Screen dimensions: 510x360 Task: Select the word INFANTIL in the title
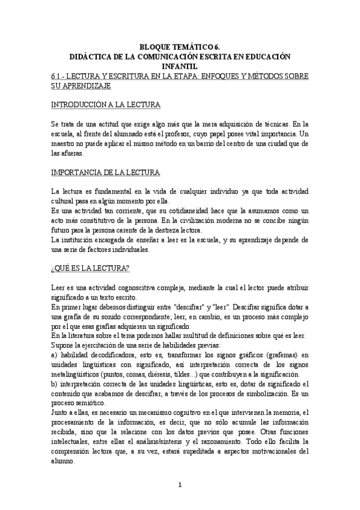click(180, 66)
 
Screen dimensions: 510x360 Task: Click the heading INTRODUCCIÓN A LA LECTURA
click(106, 105)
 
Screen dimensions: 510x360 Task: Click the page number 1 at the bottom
click(180, 484)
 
